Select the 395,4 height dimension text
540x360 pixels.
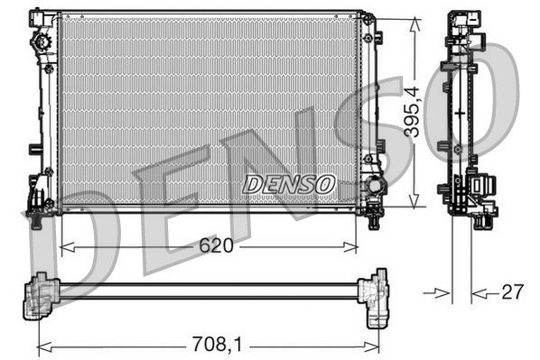[412, 109]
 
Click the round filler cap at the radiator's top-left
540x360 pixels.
[39, 42]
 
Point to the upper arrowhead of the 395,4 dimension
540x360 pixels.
[414, 18]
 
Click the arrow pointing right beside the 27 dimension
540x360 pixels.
[442, 291]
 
